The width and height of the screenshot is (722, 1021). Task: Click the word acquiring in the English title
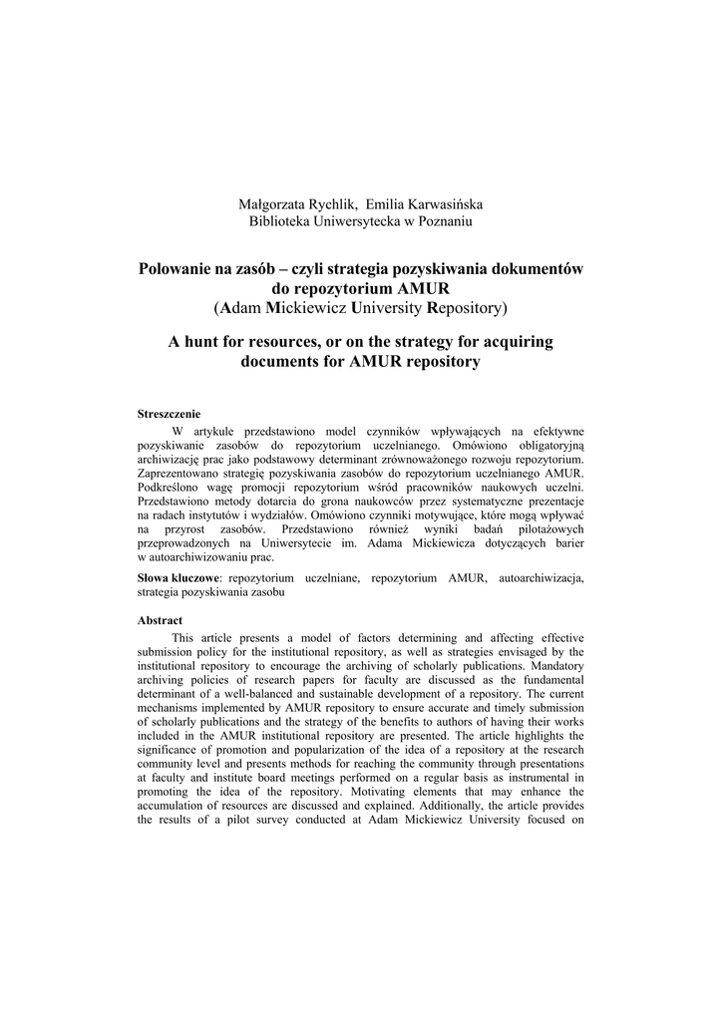[x=514, y=341]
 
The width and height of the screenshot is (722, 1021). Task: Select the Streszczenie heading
[x=169, y=413]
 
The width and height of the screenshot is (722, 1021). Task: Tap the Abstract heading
[x=160, y=620]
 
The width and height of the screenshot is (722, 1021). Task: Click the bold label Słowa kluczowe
[x=178, y=577]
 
